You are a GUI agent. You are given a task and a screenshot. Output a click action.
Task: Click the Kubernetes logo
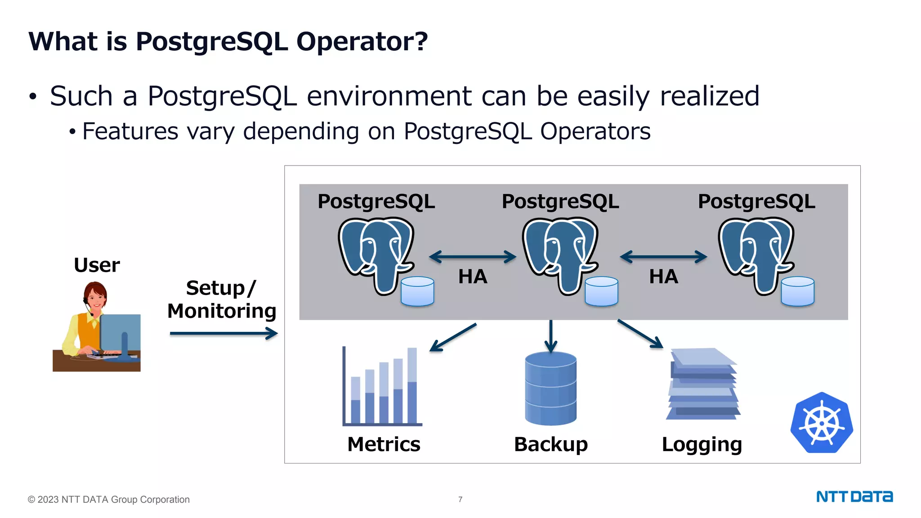[x=822, y=423]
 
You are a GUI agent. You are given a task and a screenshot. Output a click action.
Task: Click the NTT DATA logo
[x=854, y=496]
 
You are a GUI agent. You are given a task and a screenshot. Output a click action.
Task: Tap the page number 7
[x=460, y=499]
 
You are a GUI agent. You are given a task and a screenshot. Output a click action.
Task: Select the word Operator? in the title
[x=362, y=42]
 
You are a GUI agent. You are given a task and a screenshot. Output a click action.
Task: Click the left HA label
[x=473, y=277]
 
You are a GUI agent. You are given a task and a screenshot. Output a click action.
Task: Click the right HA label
[x=663, y=277]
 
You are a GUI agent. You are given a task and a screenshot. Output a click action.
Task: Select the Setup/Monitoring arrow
[x=224, y=334]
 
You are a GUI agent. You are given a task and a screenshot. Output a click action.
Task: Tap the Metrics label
[x=384, y=444]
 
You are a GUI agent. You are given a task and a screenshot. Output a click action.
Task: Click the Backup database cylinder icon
[x=550, y=388]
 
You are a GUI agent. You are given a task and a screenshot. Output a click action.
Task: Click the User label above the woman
[x=97, y=265]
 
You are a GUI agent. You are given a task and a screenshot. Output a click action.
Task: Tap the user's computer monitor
[x=120, y=333]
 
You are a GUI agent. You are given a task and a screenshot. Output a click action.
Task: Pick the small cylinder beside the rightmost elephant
[x=797, y=291]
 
